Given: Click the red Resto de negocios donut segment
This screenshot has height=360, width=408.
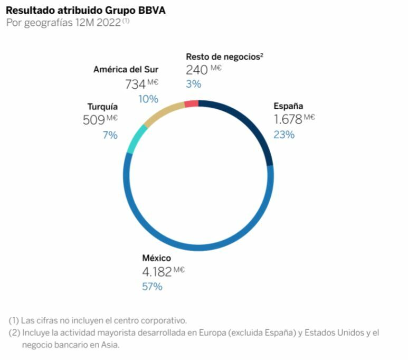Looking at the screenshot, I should tap(192, 104).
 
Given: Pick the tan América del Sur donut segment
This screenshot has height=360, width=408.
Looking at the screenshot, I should tap(162, 112).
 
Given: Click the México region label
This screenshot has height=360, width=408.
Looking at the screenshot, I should tap(157, 258).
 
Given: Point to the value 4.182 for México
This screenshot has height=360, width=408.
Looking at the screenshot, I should tap(157, 272).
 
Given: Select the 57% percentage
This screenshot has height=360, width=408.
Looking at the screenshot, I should tap(152, 287).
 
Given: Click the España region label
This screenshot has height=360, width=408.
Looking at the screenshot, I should tap(288, 106).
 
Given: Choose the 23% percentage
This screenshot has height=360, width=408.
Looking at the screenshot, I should tap(284, 134).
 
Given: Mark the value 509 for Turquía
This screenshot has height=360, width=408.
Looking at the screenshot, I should tap(94, 120).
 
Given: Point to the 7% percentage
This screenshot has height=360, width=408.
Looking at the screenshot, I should tap(110, 135).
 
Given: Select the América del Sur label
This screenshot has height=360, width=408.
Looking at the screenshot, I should tap(126, 69).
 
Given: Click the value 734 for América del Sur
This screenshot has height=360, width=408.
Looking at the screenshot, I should tap(135, 84).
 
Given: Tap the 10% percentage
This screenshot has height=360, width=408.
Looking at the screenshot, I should tap(148, 99).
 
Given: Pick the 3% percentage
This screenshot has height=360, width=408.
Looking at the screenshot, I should tap(193, 84).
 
